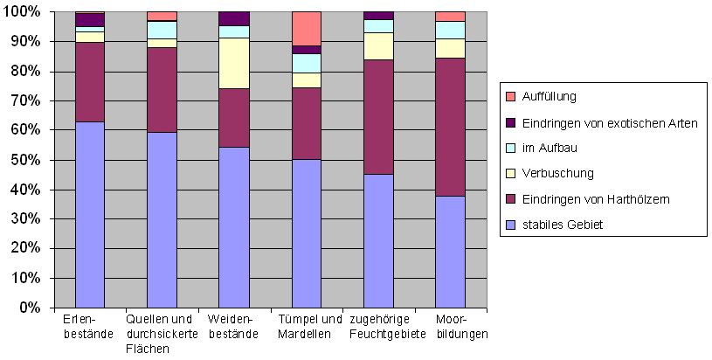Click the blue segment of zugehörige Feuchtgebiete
point(377,240)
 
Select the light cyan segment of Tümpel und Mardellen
point(305,63)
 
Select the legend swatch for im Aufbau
point(511,149)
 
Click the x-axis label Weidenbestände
point(233,326)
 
